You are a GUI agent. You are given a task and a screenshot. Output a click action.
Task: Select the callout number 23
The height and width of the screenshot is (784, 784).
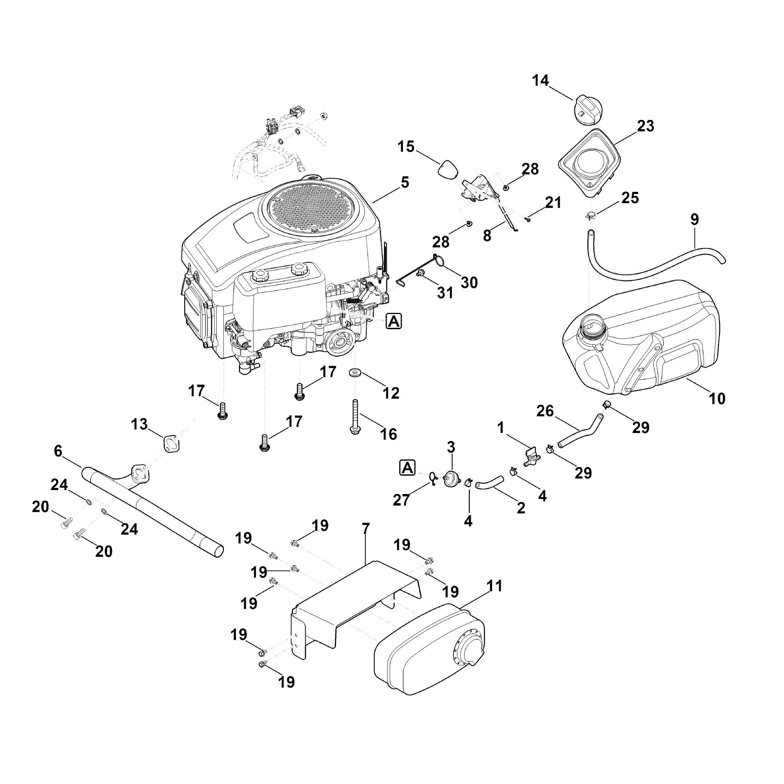646,126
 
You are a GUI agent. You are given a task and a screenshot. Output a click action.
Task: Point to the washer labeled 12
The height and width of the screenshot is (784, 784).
356,373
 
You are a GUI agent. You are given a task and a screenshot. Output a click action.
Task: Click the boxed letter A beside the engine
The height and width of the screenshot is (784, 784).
394,321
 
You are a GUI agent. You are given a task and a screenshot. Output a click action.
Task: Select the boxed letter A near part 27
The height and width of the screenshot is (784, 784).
408,468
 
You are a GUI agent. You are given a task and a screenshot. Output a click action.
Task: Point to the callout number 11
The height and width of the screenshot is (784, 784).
494,586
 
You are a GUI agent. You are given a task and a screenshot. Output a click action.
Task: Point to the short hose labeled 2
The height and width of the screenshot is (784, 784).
490,482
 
